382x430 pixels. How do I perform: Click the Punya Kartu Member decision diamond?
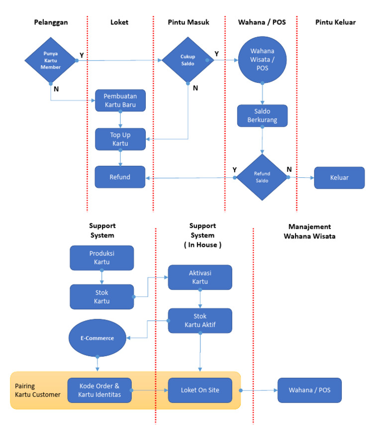(x=51, y=61)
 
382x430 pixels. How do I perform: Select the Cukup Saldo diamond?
(x=188, y=60)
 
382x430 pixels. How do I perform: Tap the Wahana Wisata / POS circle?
(x=262, y=61)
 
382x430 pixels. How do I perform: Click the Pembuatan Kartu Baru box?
(x=120, y=100)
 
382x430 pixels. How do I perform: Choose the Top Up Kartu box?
(x=120, y=139)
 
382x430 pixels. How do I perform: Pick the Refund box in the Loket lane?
(x=120, y=177)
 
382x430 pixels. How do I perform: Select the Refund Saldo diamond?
(x=262, y=177)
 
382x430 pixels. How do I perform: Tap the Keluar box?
(x=339, y=177)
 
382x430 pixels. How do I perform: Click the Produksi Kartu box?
(x=102, y=257)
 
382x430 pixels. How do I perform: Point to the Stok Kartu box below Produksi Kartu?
(x=102, y=296)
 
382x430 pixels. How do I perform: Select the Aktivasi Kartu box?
(x=200, y=277)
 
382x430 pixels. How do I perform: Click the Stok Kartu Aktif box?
(x=200, y=320)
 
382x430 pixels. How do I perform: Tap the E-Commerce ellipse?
(x=98, y=338)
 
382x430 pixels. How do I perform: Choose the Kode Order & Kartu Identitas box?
(x=99, y=390)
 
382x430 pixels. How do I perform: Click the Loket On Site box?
(x=200, y=390)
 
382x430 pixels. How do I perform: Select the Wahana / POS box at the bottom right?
(x=310, y=390)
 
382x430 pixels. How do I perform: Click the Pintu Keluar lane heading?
(x=335, y=22)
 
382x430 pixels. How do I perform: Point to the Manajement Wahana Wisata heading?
(x=309, y=231)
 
